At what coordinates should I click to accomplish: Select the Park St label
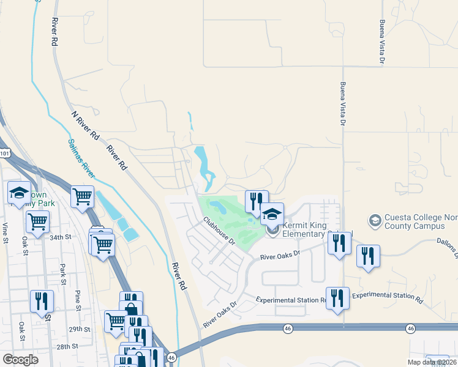[63, 273]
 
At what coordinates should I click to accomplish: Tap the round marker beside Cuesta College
[374, 219]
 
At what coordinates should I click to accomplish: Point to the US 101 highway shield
[4, 151]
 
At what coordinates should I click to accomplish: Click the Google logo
[20, 359]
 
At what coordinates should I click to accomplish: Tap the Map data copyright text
[432, 362]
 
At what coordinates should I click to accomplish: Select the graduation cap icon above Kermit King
[272, 213]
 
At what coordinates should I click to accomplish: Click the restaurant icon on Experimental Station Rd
[337, 298]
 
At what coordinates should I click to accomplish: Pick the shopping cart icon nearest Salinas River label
[83, 196]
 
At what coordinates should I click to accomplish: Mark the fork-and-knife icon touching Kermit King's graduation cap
[257, 201]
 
